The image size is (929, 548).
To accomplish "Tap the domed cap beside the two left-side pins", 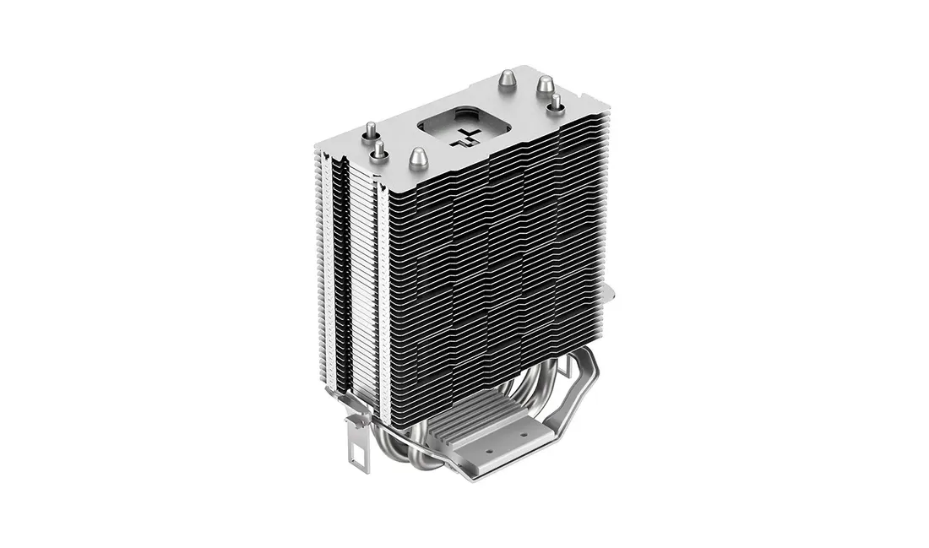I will pyautogui.click(x=417, y=158).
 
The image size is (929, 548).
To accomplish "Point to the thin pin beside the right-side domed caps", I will pyautogui.click(x=557, y=103).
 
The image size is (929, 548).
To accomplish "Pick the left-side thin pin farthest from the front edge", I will pyautogui.click(x=370, y=132).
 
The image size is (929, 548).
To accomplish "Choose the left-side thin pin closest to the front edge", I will pyautogui.click(x=379, y=150).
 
